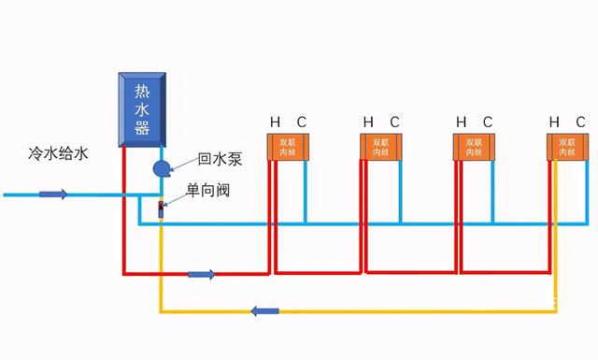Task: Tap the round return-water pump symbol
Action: [x=161, y=168]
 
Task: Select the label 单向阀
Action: [x=207, y=191]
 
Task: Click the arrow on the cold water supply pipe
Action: [x=53, y=194]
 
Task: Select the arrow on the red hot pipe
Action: [x=201, y=274]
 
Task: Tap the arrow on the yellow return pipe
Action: [x=266, y=310]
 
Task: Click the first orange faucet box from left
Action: [x=287, y=147]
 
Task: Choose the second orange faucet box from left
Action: [x=381, y=147]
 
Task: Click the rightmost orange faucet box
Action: [x=566, y=147]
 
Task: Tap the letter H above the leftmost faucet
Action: [x=275, y=122]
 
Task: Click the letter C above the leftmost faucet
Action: [x=301, y=122]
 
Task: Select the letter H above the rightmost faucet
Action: [x=555, y=122]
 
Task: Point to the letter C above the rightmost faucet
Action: [x=581, y=122]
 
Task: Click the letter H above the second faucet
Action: [x=368, y=122]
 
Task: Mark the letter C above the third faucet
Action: [x=487, y=122]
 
